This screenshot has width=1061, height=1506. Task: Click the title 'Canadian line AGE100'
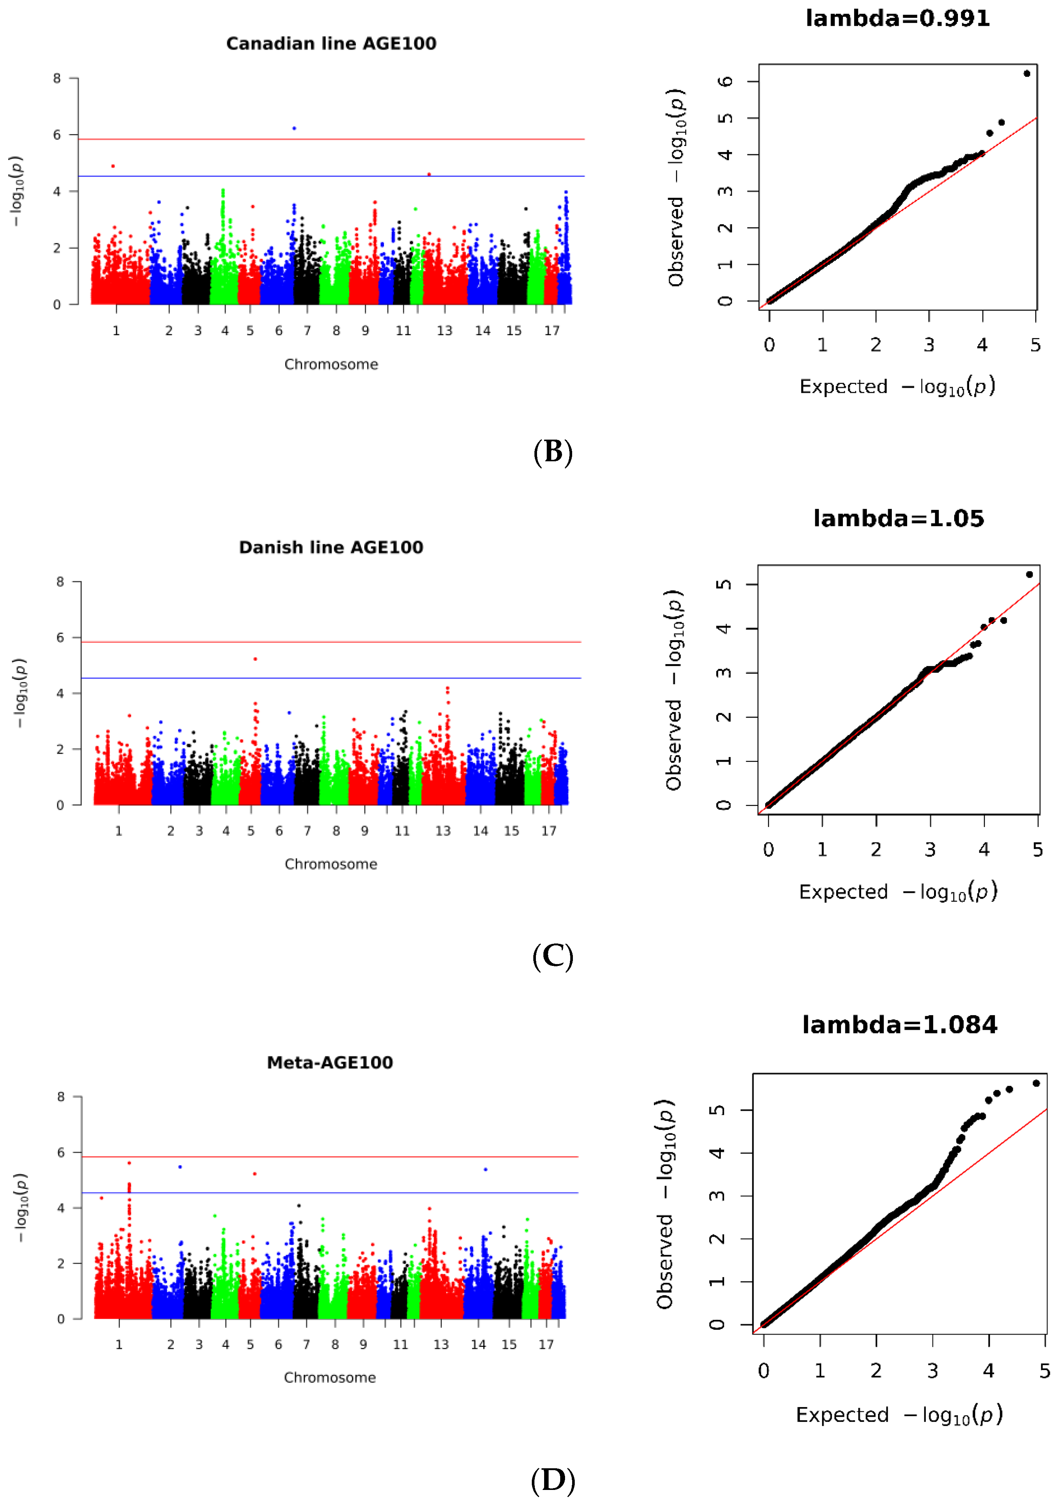331,44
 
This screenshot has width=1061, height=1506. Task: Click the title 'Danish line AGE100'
331,548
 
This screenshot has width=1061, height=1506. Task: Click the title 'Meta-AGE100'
330,1063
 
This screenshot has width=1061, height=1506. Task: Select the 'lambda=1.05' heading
899,519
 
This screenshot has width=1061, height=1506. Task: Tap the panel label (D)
553,1481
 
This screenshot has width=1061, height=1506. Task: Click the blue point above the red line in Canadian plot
294,128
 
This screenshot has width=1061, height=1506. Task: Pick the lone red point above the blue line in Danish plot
255,659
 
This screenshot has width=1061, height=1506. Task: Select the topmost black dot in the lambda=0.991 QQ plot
1027,74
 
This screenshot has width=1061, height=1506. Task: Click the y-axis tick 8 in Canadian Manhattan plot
57,79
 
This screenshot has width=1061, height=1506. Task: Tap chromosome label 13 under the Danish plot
443,831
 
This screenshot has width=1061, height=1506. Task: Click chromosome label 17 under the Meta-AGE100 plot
546,1345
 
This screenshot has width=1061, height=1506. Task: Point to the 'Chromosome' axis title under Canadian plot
331,365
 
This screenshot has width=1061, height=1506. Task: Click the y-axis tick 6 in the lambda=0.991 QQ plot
725,81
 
